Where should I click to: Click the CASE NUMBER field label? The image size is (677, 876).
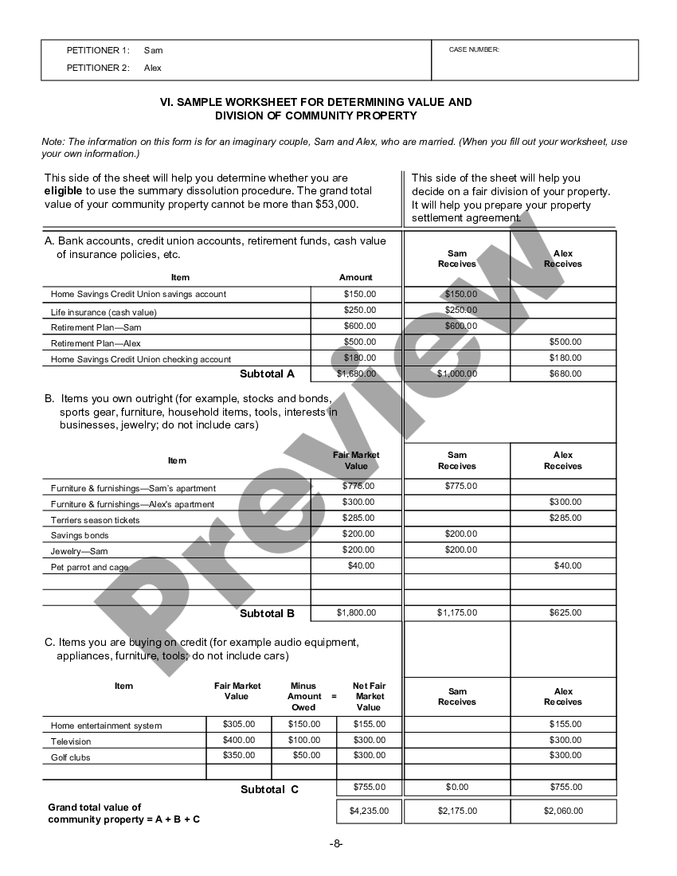coord(474,49)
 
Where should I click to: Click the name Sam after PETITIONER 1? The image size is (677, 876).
coord(153,50)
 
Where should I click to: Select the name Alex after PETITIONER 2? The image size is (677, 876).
coord(153,68)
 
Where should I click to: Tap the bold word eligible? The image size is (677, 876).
coord(63,191)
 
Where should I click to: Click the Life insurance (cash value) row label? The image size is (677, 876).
coord(104,312)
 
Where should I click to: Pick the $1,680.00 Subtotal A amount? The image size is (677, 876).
coord(356,373)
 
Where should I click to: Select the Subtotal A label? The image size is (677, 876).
coord(267,373)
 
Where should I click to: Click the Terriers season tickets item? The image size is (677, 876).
coord(95,520)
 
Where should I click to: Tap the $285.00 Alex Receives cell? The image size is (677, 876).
coord(565,518)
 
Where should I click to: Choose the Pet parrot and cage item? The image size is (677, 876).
coord(89,568)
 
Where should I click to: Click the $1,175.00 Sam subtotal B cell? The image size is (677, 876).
coord(457,612)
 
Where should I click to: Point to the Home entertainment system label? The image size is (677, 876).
coord(106,725)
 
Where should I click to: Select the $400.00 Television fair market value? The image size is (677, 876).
coord(239,740)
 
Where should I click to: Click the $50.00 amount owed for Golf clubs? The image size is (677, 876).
coord(303,755)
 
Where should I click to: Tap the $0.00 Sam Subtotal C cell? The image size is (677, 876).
coord(457,787)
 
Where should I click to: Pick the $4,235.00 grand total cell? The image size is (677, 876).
coord(369,811)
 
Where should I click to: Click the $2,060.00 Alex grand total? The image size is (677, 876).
coord(563,811)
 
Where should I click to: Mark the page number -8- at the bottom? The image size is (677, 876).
coord(338,843)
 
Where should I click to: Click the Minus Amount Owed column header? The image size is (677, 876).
coord(303,696)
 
